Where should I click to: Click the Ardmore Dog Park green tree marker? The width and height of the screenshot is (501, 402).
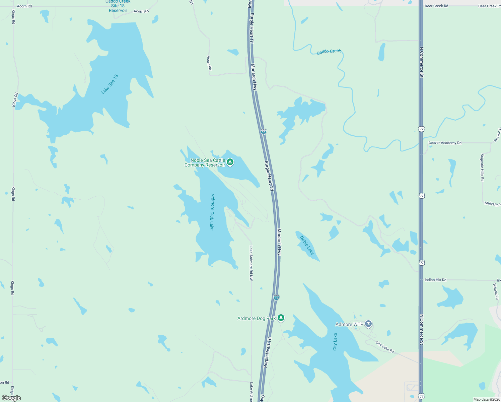point(281,318)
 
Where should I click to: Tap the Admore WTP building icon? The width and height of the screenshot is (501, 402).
point(368,324)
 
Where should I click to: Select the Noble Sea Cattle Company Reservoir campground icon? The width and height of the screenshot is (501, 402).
point(230,162)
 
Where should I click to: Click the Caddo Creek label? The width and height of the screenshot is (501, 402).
point(329,52)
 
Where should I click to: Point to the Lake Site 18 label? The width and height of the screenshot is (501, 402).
point(110,84)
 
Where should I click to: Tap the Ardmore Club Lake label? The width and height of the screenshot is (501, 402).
point(212,212)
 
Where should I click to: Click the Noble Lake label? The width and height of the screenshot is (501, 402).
point(307,245)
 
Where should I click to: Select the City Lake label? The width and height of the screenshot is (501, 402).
point(335,342)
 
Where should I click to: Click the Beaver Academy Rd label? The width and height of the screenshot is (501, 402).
point(445,143)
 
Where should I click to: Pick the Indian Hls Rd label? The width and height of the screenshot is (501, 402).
point(435,280)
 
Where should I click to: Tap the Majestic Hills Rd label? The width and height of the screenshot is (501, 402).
point(482,167)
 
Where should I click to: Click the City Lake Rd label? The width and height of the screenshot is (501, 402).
point(385,347)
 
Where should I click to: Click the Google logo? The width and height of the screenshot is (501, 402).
point(11,398)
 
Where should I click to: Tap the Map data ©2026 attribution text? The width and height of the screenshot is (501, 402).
point(486,399)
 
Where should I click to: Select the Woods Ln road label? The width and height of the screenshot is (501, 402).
point(495,291)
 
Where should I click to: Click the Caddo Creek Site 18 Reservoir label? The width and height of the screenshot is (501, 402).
point(118,6)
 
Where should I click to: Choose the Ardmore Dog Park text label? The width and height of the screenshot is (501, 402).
point(256,318)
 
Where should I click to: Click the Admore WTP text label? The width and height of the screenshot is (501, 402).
point(349,324)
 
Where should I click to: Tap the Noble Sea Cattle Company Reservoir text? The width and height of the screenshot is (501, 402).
point(205,162)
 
